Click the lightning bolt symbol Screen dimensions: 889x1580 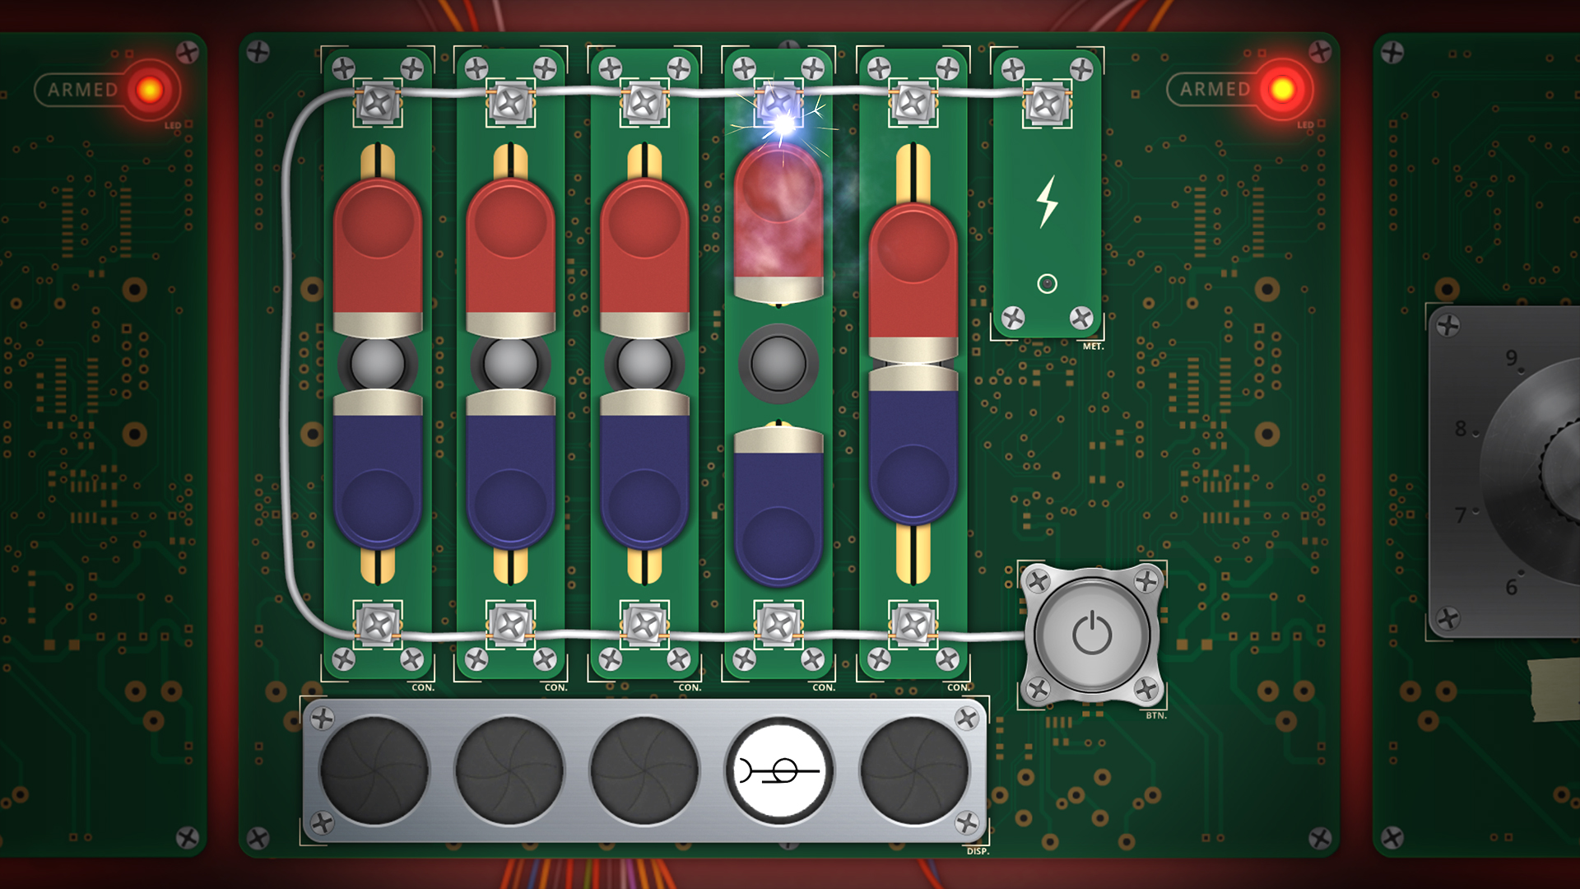[1046, 202]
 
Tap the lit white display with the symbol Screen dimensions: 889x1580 [778, 771]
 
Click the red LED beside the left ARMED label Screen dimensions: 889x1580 [150, 89]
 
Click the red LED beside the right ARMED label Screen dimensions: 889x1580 [1282, 89]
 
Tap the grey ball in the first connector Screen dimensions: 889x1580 [377, 363]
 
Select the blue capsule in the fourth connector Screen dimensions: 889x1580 [778, 510]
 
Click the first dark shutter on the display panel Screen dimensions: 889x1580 [374, 771]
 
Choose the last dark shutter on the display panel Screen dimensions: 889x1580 [913, 771]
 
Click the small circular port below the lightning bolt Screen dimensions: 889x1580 [1047, 284]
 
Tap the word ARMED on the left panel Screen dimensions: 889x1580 [82, 90]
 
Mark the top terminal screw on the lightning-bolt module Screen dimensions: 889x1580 [1047, 105]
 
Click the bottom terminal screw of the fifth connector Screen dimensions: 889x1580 [913, 625]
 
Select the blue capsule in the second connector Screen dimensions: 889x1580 [510, 477]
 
